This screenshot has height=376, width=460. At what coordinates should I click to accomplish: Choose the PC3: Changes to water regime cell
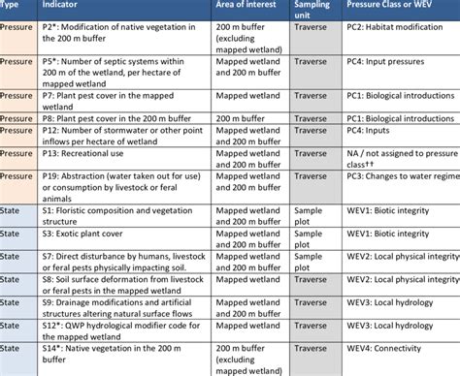tap(397, 179)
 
